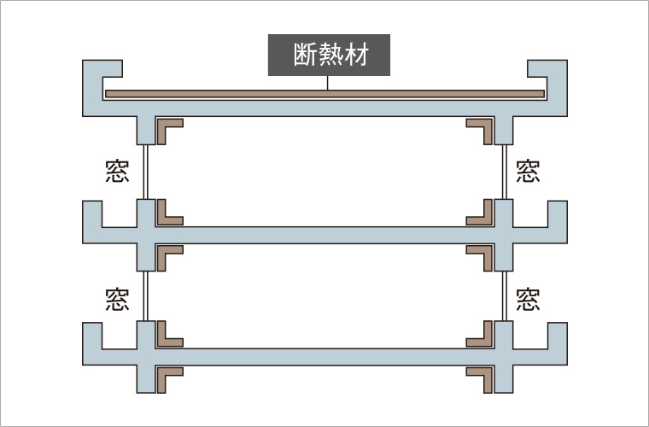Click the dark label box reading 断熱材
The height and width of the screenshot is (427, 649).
[x=329, y=56]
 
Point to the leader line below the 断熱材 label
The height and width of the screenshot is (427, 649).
[x=329, y=83]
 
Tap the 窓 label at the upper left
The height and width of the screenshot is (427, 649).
[x=117, y=172]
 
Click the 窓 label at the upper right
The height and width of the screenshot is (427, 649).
[x=529, y=172]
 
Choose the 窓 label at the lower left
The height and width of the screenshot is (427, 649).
[x=117, y=299]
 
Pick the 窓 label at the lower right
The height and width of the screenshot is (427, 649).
[x=529, y=299]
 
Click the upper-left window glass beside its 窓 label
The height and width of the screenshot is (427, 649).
[x=147, y=172]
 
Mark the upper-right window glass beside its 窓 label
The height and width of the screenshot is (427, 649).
[x=503, y=172]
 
